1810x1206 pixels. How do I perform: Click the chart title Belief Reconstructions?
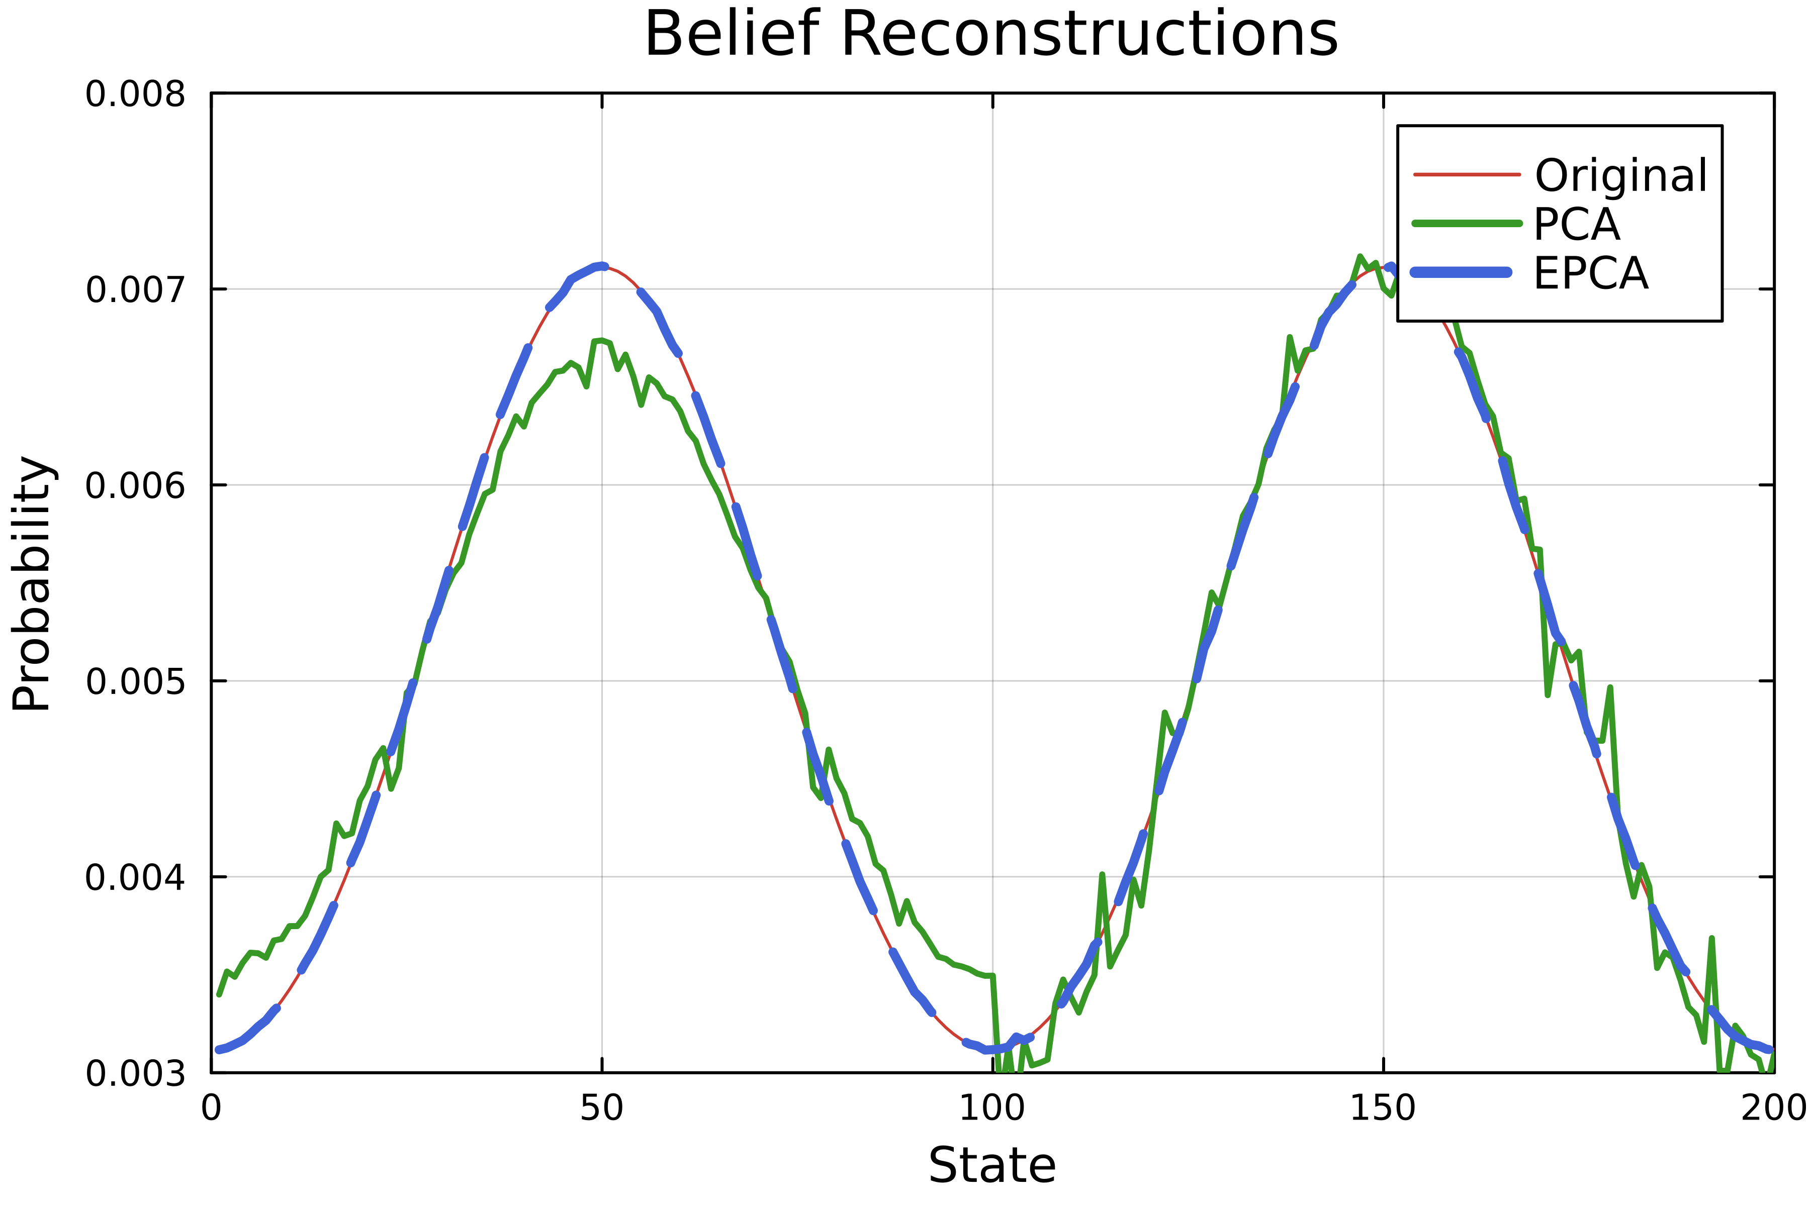991,35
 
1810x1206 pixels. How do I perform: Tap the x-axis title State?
992,1165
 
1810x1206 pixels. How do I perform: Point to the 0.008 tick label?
135,94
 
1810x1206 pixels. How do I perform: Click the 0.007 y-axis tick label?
135,290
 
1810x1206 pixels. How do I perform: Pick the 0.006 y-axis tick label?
135,485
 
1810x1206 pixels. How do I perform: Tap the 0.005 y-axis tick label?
135,681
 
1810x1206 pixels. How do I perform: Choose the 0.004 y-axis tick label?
135,877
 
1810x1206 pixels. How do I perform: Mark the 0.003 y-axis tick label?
135,1073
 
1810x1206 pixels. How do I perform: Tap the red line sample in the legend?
1467,174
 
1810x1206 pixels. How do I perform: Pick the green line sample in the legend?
1467,224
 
